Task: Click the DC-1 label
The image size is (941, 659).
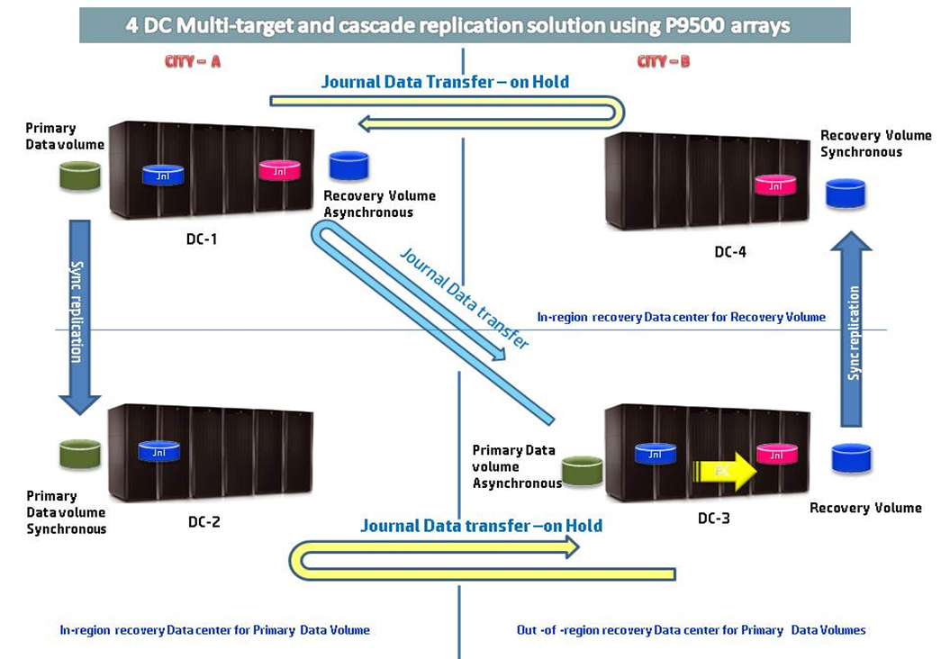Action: pos(201,239)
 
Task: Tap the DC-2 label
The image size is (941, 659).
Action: pos(203,521)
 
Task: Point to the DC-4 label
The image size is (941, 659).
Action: pos(729,252)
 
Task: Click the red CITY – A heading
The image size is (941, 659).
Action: pos(192,62)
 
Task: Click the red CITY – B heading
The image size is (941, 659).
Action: pos(663,62)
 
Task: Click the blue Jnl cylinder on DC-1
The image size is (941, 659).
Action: pos(163,174)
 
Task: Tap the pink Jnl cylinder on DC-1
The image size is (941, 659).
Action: pos(279,169)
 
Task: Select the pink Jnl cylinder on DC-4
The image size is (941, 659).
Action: pos(774,185)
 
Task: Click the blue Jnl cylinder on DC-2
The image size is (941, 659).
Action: pos(159,451)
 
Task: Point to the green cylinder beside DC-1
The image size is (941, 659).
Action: pos(80,176)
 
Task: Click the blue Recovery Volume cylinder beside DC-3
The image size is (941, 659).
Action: pos(851,458)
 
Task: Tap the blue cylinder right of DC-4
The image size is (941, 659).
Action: pos(846,194)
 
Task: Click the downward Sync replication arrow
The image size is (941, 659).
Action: pos(78,315)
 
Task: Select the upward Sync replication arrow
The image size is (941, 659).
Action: pos(854,329)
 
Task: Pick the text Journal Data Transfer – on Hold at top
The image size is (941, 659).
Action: pos(445,82)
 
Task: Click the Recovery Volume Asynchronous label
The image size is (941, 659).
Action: pos(379,204)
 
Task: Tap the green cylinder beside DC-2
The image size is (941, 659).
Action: pos(79,455)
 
